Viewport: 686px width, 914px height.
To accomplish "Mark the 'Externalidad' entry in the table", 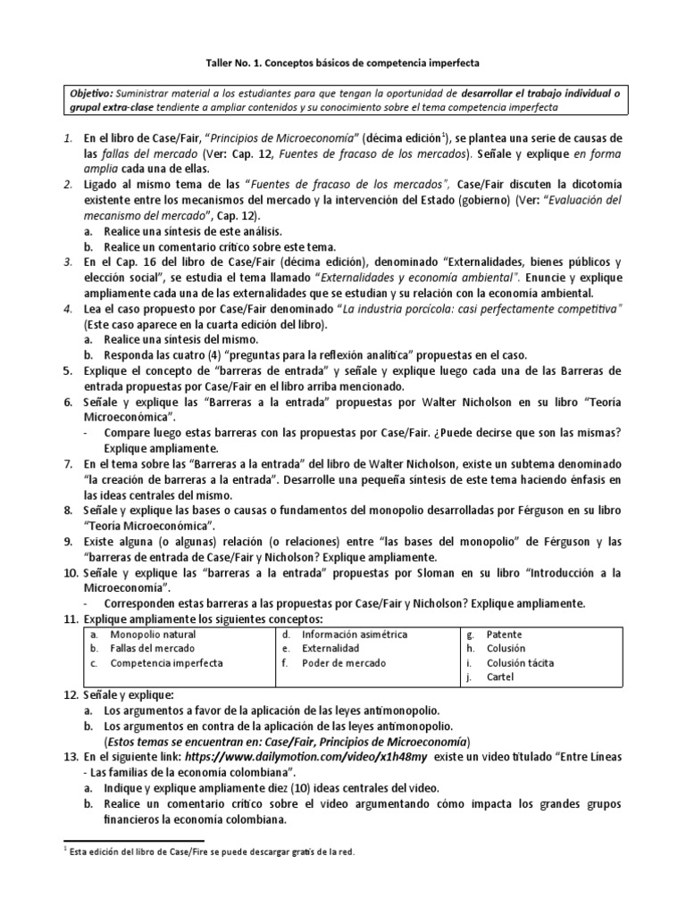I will tap(330, 648).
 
